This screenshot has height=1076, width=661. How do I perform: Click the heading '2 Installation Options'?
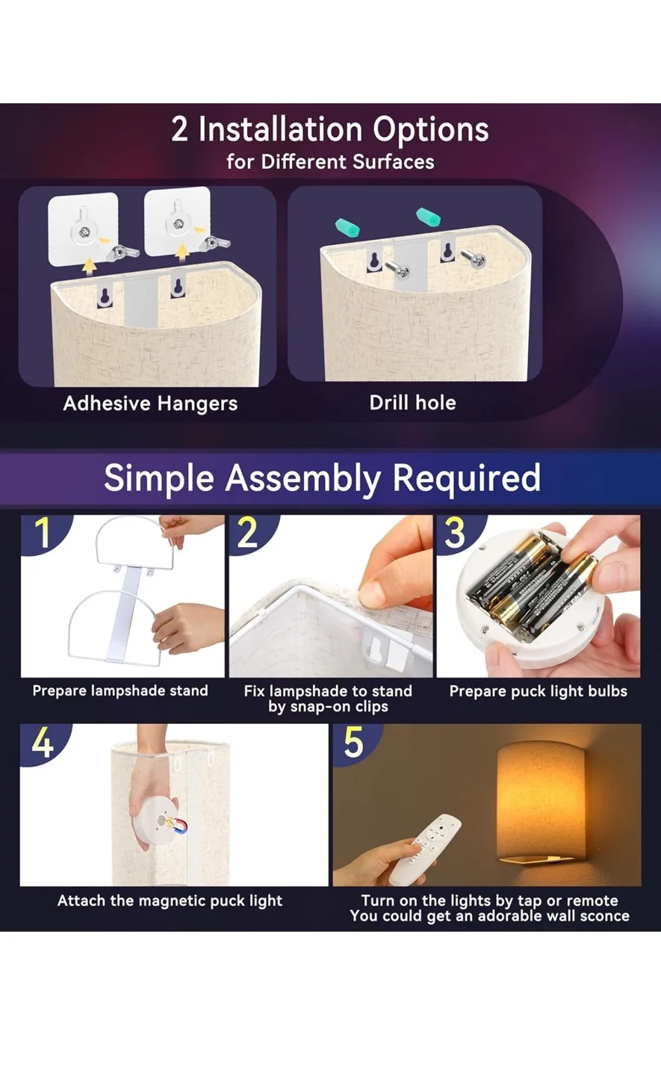330,129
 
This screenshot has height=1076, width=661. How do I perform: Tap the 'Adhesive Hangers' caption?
150,403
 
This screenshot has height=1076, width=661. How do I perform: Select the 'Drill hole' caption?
412,403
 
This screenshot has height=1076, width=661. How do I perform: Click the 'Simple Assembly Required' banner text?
322,477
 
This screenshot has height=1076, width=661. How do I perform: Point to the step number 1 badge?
42,533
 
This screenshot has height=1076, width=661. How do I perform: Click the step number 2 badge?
248,533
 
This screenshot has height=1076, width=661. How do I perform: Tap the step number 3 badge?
455,533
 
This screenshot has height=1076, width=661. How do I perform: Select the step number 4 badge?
42,742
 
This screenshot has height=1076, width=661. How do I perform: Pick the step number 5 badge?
353,742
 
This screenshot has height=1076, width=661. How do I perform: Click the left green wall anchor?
347,226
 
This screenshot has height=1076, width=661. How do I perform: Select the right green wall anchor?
428,217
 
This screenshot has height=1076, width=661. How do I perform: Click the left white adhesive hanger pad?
83,229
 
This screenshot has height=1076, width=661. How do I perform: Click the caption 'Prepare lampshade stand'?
120,690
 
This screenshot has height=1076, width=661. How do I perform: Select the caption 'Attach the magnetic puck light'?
170,900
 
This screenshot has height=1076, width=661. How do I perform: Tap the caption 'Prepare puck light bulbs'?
538,691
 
